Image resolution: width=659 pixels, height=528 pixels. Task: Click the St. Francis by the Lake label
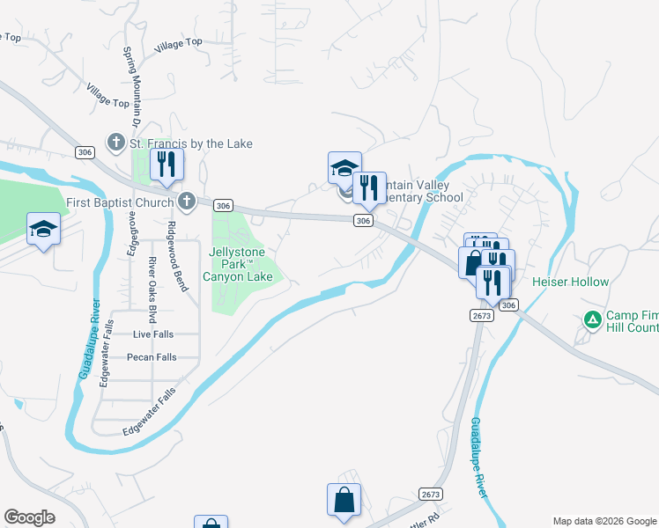click(x=190, y=143)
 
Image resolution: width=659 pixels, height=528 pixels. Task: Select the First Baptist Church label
click(x=122, y=203)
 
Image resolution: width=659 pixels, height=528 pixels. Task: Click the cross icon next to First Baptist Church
click(x=186, y=202)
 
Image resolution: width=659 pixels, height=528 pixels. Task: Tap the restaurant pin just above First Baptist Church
click(x=165, y=164)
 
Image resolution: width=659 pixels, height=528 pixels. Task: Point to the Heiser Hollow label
click(x=570, y=282)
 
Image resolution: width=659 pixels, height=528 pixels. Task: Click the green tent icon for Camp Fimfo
click(x=593, y=319)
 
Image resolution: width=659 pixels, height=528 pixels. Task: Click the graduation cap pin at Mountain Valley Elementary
click(x=344, y=167)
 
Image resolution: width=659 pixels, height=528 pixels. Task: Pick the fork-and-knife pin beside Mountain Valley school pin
click(x=369, y=187)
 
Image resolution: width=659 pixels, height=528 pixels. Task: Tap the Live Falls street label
click(x=154, y=334)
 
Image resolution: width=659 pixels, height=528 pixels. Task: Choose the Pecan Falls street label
click(x=153, y=357)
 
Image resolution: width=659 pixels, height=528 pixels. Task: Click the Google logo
click(x=29, y=517)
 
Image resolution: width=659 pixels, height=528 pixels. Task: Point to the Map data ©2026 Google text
click(x=604, y=521)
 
